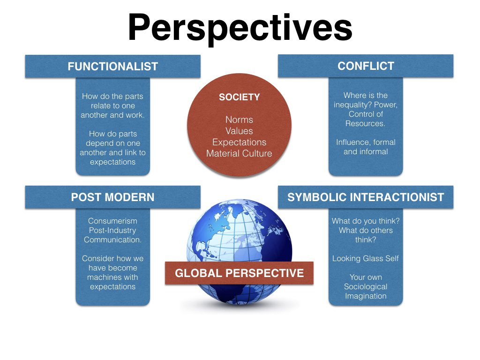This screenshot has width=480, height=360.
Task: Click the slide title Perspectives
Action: (x=240, y=27)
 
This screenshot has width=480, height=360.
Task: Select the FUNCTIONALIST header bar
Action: (x=112, y=67)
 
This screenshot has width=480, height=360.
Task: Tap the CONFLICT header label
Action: (x=366, y=66)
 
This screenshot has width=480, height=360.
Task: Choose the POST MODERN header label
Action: (x=112, y=197)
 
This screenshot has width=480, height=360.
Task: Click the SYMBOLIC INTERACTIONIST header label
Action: (x=366, y=197)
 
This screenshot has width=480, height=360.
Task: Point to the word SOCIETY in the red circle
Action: (x=239, y=97)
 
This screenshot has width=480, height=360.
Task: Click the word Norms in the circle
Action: (x=239, y=120)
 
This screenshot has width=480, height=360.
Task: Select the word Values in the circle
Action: (x=239, y=131)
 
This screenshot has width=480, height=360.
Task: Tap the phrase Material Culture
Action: (x=239, y=153)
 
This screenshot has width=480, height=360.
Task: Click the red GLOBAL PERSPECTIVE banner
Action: (x=239, y=273)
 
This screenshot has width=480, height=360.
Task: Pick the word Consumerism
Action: (x=112, y=221)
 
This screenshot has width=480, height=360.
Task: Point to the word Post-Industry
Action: (x=112, y=230)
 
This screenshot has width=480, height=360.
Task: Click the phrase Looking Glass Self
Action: (x=366, y=258)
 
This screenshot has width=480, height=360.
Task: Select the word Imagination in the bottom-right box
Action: (x=366, y=296)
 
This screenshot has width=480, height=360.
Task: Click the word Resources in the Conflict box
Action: (x=365, y=123)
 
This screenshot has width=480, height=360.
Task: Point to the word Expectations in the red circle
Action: (x=239, y=142)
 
